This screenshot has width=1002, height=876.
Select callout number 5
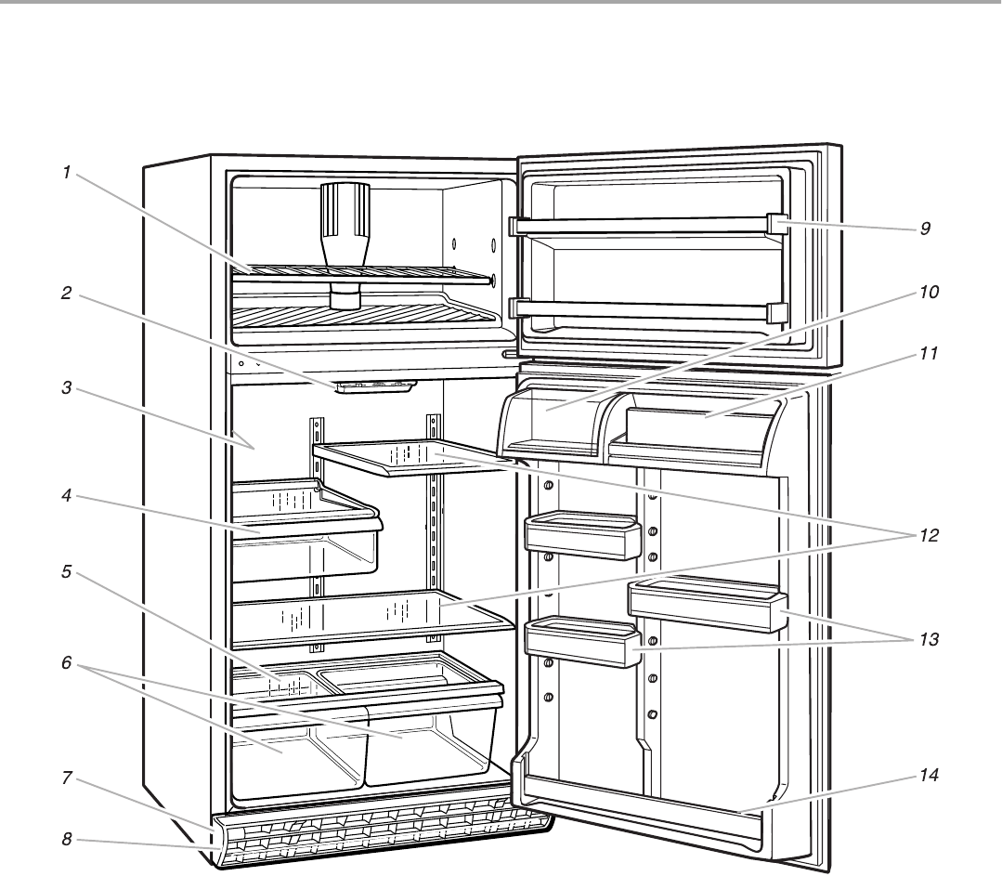click(67, 572)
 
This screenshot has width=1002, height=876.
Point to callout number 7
click(67, 778)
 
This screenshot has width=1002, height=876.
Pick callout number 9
click(925, 228)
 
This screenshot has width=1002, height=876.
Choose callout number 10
click(929, 292)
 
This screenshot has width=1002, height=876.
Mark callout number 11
click(929, 354)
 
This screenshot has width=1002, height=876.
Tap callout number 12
click(929, 536)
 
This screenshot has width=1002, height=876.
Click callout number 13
click(929, 640)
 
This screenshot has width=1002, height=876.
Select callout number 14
click(929, 774)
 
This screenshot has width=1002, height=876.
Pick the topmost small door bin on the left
click(582, 536)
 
